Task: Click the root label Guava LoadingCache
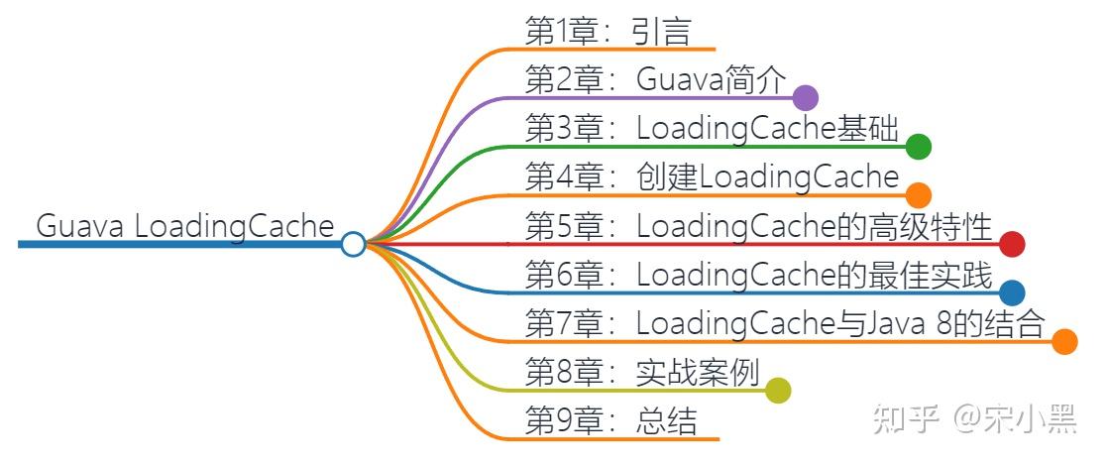(185, 226)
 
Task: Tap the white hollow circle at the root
(353, 244)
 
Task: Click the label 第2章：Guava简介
(654, 80)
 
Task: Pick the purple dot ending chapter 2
(805, 97)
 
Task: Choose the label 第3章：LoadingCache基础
(711, 129)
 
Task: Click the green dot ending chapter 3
(919, 147)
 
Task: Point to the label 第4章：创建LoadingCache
(711, 177)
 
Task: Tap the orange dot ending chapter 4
(919, 194)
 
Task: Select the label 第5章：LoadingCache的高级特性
(758, 226)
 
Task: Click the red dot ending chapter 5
(1012, 244)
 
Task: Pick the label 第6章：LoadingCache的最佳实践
(758, 275)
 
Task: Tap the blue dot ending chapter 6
(1012, 292)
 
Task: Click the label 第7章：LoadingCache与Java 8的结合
(784, 323)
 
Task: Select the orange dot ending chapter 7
(1064, 341)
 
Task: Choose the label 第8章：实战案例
(641, 373)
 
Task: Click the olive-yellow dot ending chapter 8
(778, 391)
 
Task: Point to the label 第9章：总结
(610, 421)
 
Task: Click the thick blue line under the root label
(178, 244)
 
